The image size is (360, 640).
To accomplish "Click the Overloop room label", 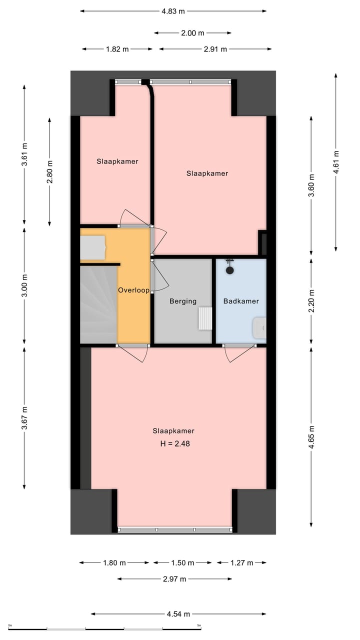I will (133, 290).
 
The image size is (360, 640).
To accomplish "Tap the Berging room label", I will (182, 301).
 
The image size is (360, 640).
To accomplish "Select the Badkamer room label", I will (241, 301).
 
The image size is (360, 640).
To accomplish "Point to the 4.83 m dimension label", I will (173, 10).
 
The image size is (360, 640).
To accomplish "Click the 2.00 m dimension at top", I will (192, 33).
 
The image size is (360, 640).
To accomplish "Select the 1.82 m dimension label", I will (117, 49).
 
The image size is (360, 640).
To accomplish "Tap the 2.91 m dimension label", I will (215, 49).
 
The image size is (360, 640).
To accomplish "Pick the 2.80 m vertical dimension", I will (49, 171).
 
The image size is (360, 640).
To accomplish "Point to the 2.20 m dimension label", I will (311, 301).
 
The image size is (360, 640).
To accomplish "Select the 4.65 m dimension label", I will (311, 438).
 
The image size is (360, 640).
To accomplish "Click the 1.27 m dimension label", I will (241, 562).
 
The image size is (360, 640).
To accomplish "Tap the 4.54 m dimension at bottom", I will (178, 614).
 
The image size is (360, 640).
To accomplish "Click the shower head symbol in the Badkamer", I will (229, 270).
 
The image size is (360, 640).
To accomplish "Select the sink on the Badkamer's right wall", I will (260, 327).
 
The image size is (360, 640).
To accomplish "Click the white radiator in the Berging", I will (205, 318).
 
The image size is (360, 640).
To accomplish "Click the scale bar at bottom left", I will (104, 628).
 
